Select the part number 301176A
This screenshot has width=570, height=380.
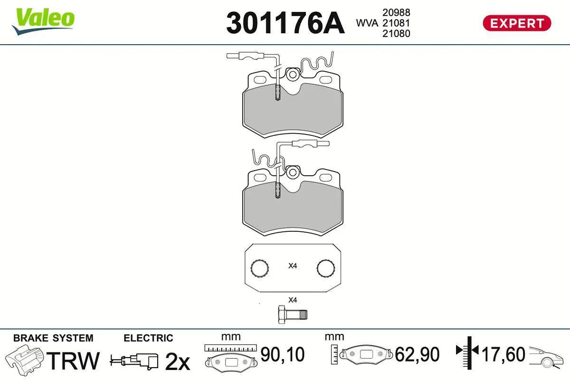[x=285, y=23]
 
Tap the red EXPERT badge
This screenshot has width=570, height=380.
[x=517, y=23]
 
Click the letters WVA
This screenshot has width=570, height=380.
[x=367, y=23]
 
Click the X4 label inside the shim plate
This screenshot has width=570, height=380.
[x=293, y=266]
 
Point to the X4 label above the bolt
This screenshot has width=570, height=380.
[x=293, y=300]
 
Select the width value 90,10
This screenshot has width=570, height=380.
[x=283, y=354]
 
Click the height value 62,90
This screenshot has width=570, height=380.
[x=417, y=354]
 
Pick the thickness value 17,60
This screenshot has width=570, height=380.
[x=503, y=354]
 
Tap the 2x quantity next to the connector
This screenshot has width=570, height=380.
[x=177, y=362]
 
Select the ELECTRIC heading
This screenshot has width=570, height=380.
[x=148, y=338]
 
